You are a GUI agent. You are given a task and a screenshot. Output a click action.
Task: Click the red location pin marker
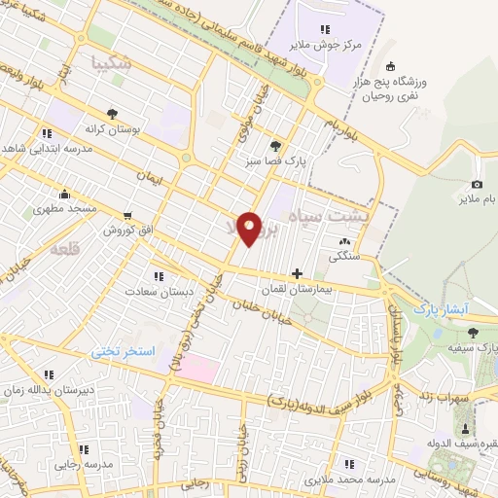tap(250, 228)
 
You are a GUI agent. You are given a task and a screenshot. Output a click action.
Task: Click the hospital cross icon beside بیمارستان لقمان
tap(297, 273)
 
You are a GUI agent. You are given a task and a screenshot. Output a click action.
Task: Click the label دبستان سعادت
tap(157, 291)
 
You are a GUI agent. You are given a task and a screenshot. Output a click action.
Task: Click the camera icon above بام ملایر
tap(477, 185)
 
